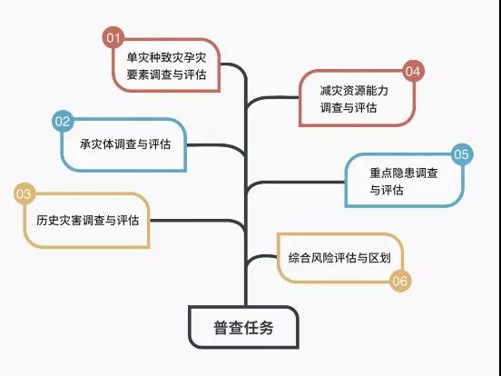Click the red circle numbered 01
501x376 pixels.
(x=113, y=37)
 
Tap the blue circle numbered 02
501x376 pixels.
(x=63, y=121)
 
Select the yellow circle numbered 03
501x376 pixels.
(x=25, y=193)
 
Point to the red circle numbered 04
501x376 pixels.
(x=413, y=71)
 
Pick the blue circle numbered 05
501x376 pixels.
(x=462, y=154)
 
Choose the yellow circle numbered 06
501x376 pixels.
(x=400, y=281)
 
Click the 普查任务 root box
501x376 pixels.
(x=243, y=327)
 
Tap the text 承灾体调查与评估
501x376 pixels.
(x=125, y=144)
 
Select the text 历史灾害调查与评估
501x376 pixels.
(x=87, y=220)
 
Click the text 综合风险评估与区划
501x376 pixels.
(x=339, y=258)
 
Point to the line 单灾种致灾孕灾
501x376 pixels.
(x=166, y=57)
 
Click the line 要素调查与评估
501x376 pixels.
(x=166, y=74)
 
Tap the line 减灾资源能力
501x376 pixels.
(x=354, y=91)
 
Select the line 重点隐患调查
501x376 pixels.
(x=404, y=173)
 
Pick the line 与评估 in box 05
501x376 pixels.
(x=387, y=190)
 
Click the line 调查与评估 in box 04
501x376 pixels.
(x=349, y=107)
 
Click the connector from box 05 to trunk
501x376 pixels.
(x=294, y=183)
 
